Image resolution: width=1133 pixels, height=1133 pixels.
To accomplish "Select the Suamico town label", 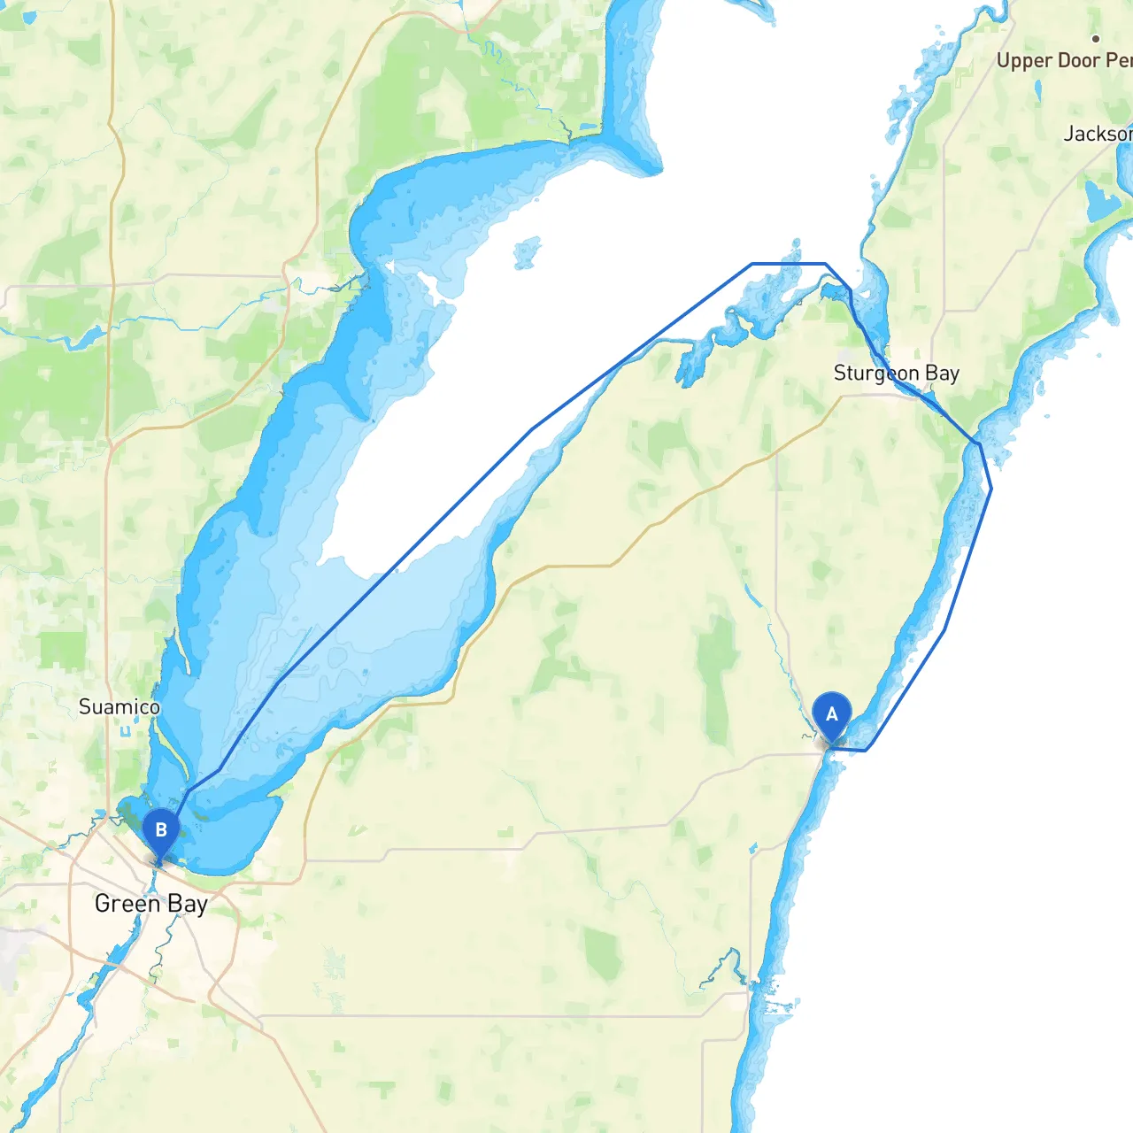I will [x=119, y=707].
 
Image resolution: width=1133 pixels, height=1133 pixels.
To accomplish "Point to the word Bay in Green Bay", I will [x=188, y=905].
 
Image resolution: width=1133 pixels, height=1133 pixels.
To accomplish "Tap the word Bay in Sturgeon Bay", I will [x=943, y=374].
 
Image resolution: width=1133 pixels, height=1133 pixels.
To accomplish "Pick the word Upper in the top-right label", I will [x=1024, y=61].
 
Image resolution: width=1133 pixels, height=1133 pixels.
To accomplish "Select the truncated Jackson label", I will [x=1098, y=134].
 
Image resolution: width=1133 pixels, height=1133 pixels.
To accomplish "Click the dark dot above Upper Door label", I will [x=1096, y=39].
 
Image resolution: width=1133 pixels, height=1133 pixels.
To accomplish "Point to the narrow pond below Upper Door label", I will [x=1037, y=91].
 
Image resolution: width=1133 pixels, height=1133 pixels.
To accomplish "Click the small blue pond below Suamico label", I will [x=126, y=731].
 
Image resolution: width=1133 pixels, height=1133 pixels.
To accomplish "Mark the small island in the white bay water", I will [x=527, y=252].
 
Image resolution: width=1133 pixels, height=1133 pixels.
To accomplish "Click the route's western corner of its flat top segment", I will [x=751, y=264].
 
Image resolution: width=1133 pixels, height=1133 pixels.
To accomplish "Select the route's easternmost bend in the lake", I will [x=990, y=489].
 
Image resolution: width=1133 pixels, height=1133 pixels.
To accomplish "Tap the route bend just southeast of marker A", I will [x=866, y=751].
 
